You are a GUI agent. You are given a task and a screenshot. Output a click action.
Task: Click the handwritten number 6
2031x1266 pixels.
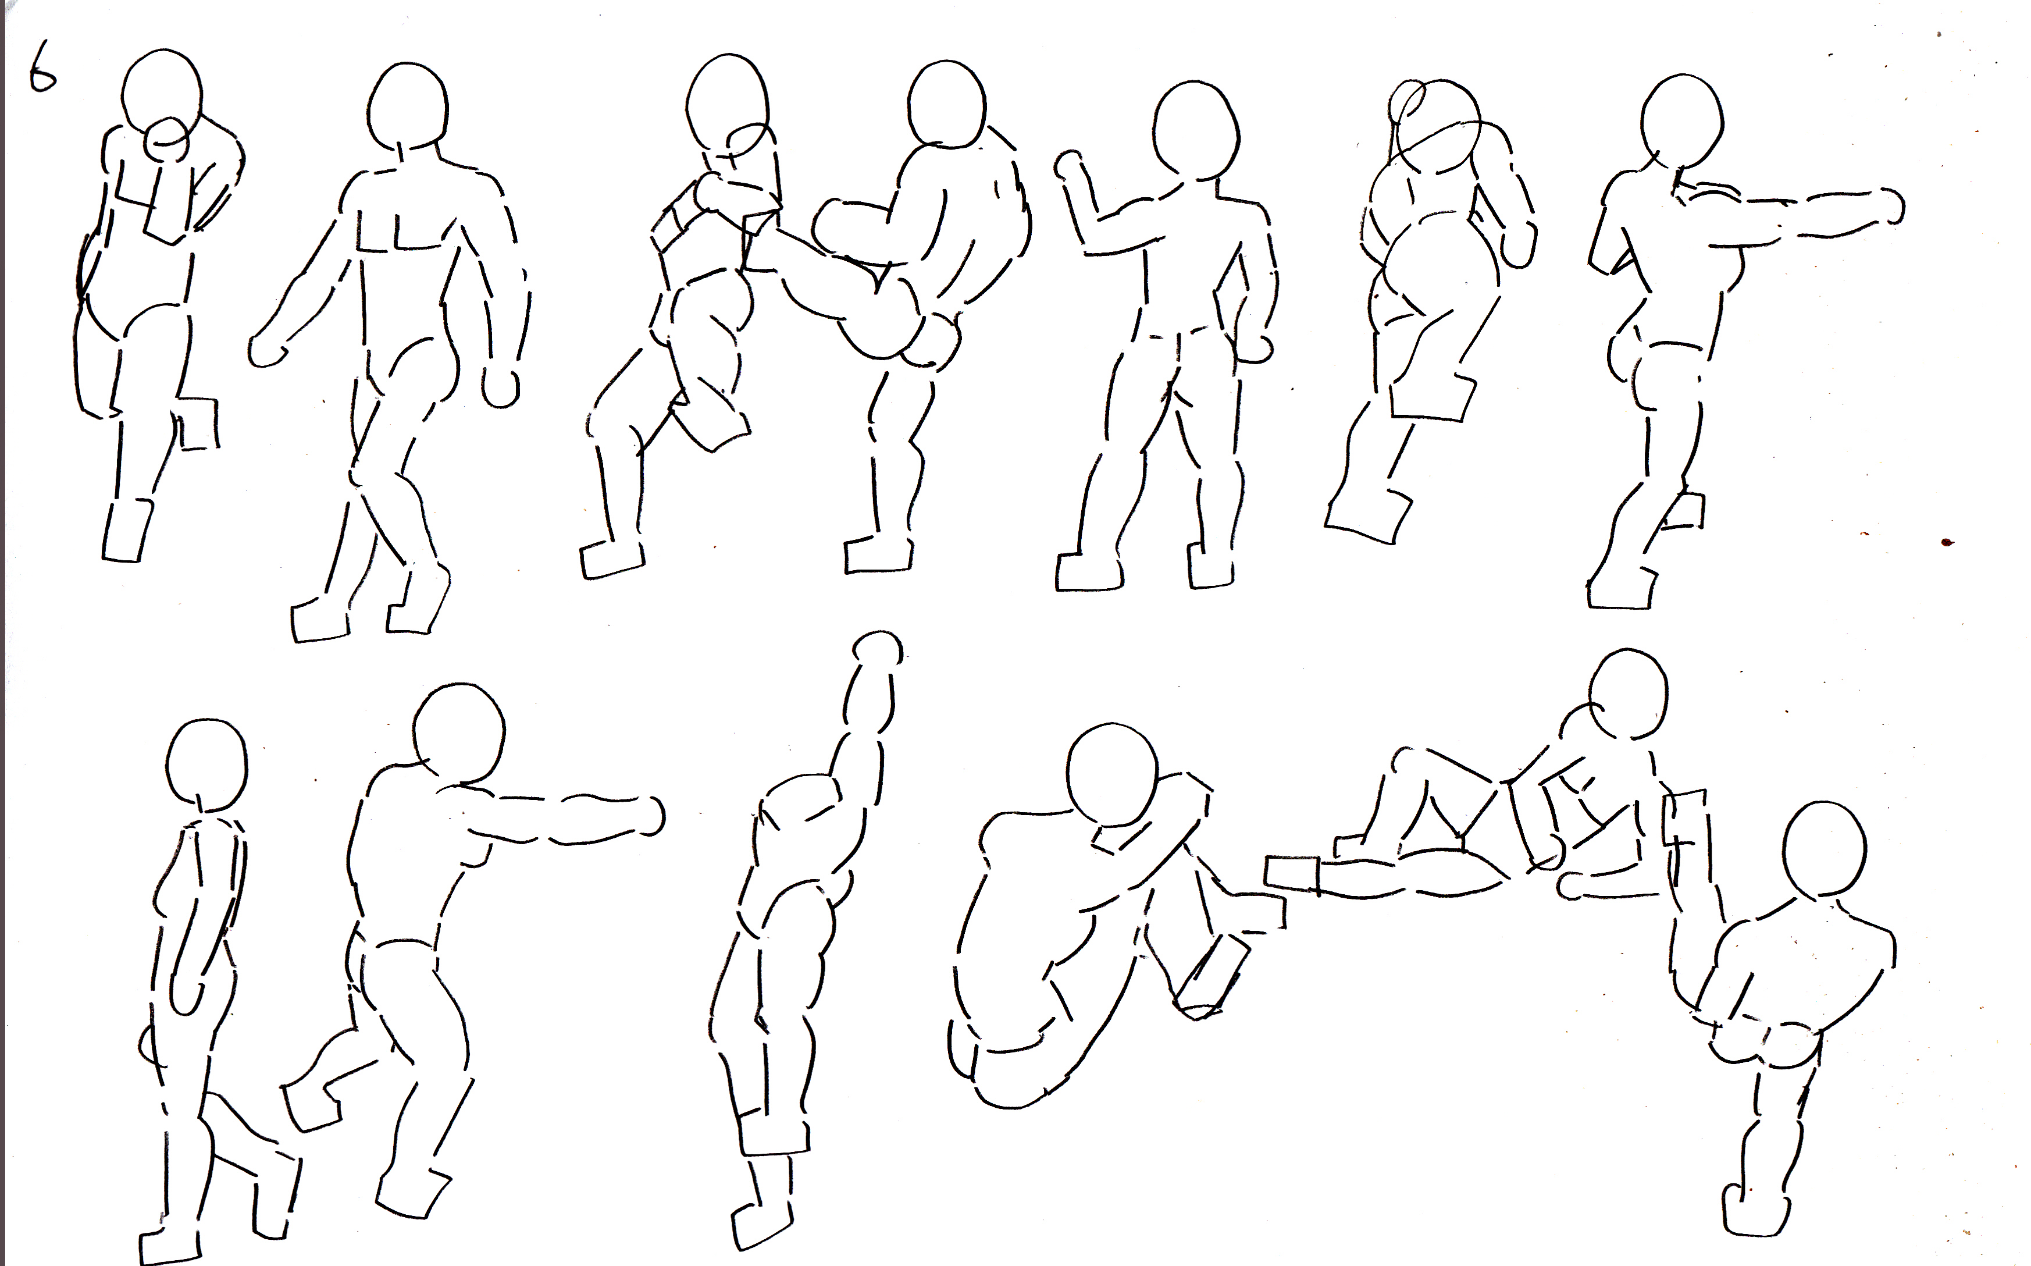pos(42,69)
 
